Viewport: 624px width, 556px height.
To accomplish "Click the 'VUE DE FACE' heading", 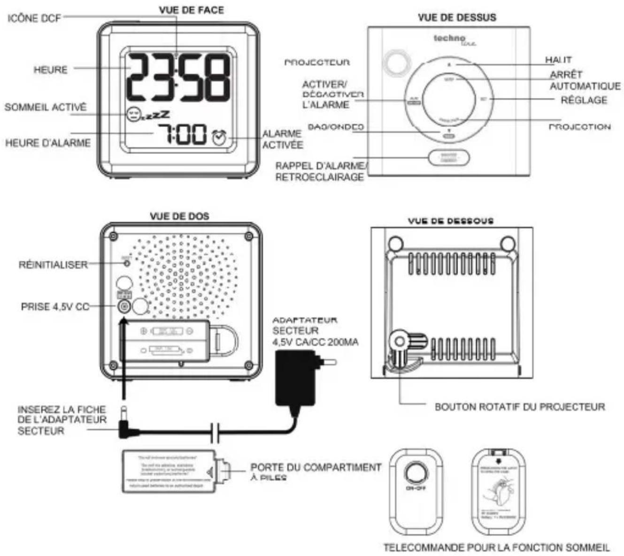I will coord(191,10).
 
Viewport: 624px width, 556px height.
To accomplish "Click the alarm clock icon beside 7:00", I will coord(219,137).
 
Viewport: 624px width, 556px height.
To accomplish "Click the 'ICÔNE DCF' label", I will coord(34,18).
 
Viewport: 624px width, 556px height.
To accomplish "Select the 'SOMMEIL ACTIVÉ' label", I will coord(46,107).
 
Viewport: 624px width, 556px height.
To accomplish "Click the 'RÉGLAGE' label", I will coord(584,100).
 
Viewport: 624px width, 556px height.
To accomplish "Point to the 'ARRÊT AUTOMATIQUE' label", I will coord(585,80).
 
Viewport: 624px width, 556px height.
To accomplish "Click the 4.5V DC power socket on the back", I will coord(123,307).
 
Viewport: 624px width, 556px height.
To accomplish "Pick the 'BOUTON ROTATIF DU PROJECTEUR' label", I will coord(520,407).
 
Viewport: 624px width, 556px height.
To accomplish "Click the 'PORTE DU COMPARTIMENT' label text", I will coord(316,468).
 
